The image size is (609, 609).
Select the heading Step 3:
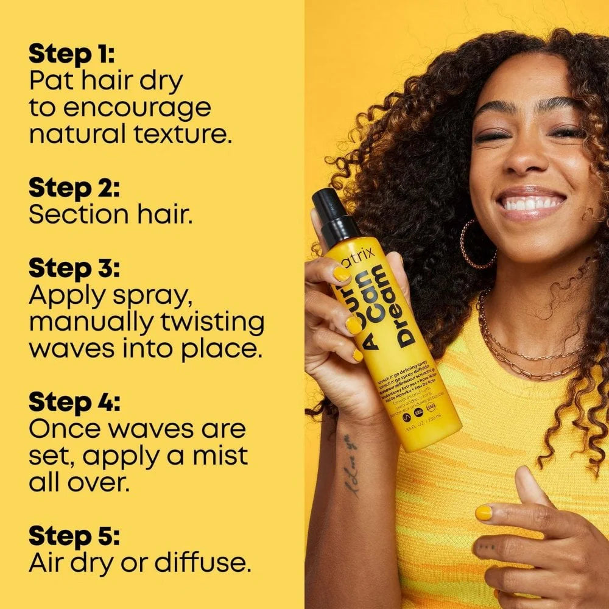(74, 269)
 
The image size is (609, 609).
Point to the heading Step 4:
(74, 402)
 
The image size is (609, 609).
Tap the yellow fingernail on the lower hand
(484, 513)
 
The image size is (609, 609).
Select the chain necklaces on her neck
(524, 353)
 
